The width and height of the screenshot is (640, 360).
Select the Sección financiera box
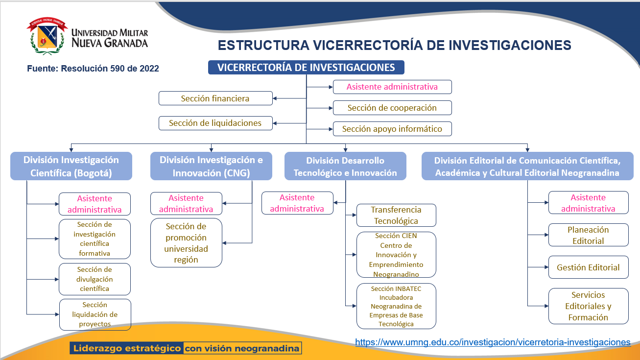pyautogui.click(x=215, y=98)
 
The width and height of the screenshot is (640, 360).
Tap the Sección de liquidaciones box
pyautogui.click(x=215, y=123)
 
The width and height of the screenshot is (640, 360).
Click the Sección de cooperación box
pyautogui.click(x=392, y=108)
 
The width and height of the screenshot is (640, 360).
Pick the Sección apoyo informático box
pyautogui.click(x=392, y=129)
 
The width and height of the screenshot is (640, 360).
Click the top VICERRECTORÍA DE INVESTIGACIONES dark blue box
pyautogui.click(x=306, y=68)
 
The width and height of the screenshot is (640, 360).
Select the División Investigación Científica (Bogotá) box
pyautogui.click(x=71, y=166)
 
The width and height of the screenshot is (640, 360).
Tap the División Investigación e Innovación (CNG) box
pyautogui.click(x=211, y=166)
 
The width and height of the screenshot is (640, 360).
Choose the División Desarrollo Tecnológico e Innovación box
pyautogui.click(x=345, y=166)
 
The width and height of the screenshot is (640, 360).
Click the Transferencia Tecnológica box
pyautogui.click(x=396, y=215)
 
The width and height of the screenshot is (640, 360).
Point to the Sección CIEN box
pyautogui.click(x=396, y=255)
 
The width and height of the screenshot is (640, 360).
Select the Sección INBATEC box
pyautogui.click(x=396, y=306)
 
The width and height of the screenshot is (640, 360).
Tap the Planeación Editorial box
pyautogui.click(x=588, y=235)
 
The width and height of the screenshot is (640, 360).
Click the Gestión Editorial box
pyautogui.click(x=588, y=267)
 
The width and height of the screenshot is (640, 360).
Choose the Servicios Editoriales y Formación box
pyautogui.click(x=588, y=306)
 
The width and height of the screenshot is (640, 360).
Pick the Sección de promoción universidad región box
pyautogui.click(x=186, y=243)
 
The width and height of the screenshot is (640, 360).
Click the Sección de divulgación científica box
pyautogui.click(x=95, y=279)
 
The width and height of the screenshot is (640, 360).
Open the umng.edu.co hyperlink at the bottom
pyautogui.click(x=493, y=342)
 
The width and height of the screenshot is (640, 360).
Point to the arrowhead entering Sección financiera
pyautogui.click(x=275, y=98)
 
